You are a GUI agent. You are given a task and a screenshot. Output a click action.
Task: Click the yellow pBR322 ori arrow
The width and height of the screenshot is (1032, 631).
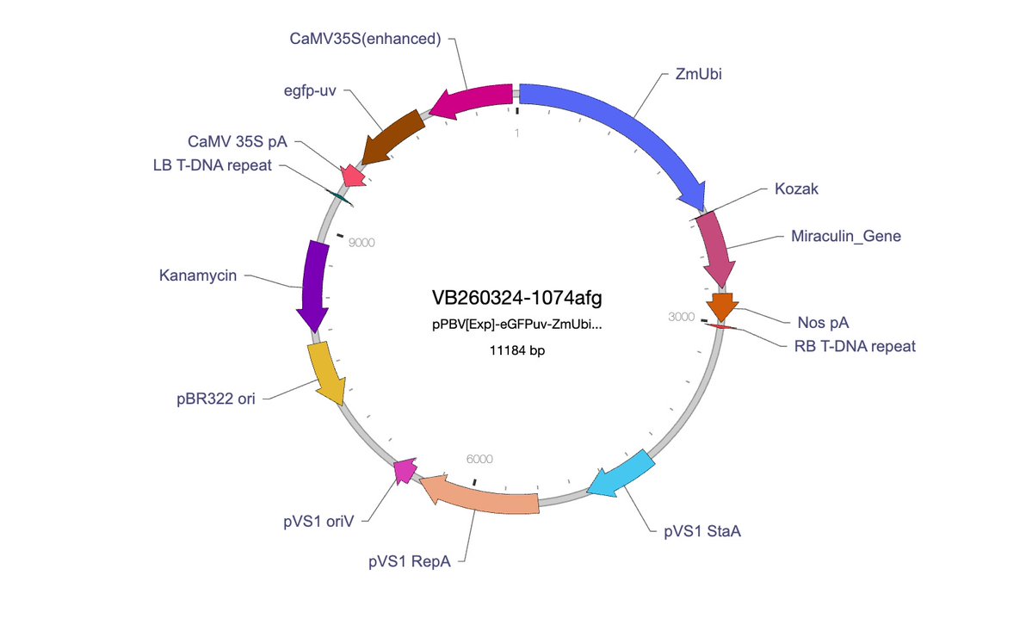pos(326,373)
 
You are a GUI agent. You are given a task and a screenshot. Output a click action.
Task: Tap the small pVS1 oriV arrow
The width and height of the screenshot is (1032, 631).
pos(405,471)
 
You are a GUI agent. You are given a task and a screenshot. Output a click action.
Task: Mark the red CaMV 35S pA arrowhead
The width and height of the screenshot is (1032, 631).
pos(352,176)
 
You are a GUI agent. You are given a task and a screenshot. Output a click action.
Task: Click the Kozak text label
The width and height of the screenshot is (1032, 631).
pos(796,189)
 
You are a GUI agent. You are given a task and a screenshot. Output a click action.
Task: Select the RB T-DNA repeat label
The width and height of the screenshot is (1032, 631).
pos(855,346)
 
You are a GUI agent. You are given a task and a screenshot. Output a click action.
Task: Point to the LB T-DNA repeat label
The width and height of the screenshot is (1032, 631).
pos(212,165)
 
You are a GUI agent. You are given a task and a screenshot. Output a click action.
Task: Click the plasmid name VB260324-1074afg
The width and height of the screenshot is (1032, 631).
pos(516,298)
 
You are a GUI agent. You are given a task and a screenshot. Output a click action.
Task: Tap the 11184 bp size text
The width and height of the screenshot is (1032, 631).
pos(516,350)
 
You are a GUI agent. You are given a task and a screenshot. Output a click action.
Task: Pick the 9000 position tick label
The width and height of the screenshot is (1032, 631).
pos(362,243)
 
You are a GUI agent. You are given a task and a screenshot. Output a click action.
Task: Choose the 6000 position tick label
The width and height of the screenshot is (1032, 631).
pos(479,460)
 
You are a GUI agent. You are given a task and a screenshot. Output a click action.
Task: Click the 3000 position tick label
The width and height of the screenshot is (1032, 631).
pos(681,317)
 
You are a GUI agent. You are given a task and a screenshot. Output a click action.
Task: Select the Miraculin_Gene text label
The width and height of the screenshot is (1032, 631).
pos(846,236)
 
